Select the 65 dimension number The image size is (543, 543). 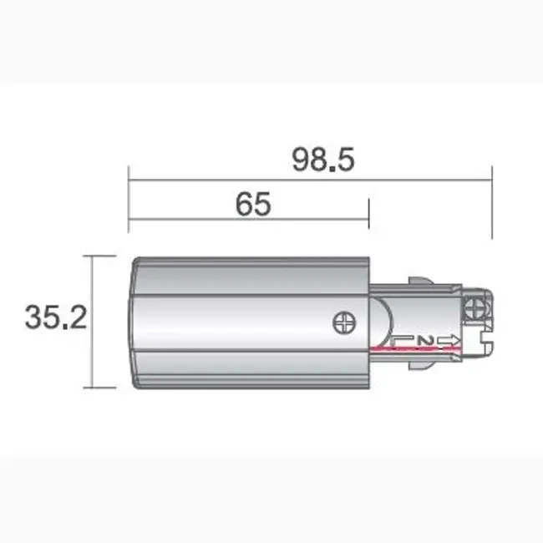point(252,204)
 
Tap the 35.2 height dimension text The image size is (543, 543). point(56,317)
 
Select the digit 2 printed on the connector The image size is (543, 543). point(425,339)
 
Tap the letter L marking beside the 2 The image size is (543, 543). point(403,339)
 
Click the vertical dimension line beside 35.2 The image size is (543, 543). point(92,321)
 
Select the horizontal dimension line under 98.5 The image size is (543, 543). point(309,178)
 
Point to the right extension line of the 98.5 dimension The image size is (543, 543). point(491,200)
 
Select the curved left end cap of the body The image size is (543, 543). point(134,321)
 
